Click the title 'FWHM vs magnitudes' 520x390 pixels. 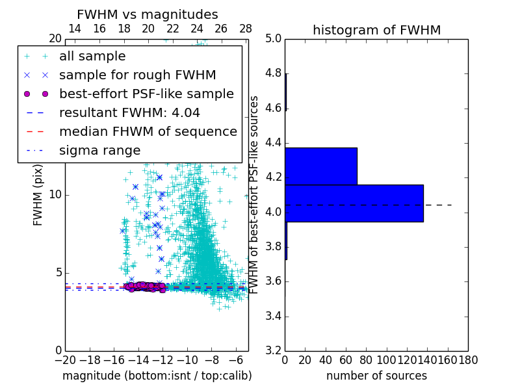(x=148, y=14)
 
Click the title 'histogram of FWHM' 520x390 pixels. (x=376, y=30)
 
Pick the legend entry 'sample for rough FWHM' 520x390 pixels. (x=137, y=75)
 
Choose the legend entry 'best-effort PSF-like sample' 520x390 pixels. (x=146, y=94)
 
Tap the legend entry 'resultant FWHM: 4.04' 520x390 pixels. (x=129, y=112)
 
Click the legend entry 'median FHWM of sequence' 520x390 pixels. (x=148, y=131)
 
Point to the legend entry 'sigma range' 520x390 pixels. (x=99, y=150)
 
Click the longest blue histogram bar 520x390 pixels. (x=354, y=203)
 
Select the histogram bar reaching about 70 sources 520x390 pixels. (x=321, y=166)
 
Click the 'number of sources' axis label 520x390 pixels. (x=376, y=376)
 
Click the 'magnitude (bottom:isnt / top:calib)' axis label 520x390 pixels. (x=157, y=376)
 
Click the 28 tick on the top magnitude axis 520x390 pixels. (x=246, y=29)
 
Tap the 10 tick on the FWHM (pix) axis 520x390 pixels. (x=55, y=194)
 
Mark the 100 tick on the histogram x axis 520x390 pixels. (x=387, y=359)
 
